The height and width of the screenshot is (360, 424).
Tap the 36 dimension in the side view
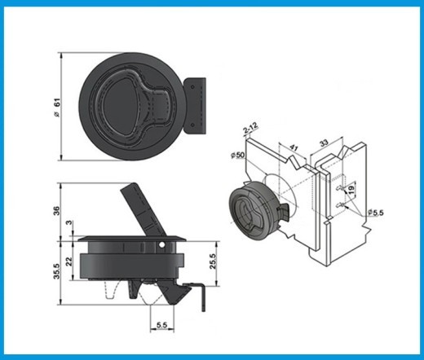[x=56, y=209]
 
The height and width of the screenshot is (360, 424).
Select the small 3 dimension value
[x=68, y=223]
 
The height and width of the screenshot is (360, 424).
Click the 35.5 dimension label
[x=55, y=270]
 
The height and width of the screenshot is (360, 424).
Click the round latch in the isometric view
[x=250, y=209]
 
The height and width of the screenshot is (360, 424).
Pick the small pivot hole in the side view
[x=168, y=244]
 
